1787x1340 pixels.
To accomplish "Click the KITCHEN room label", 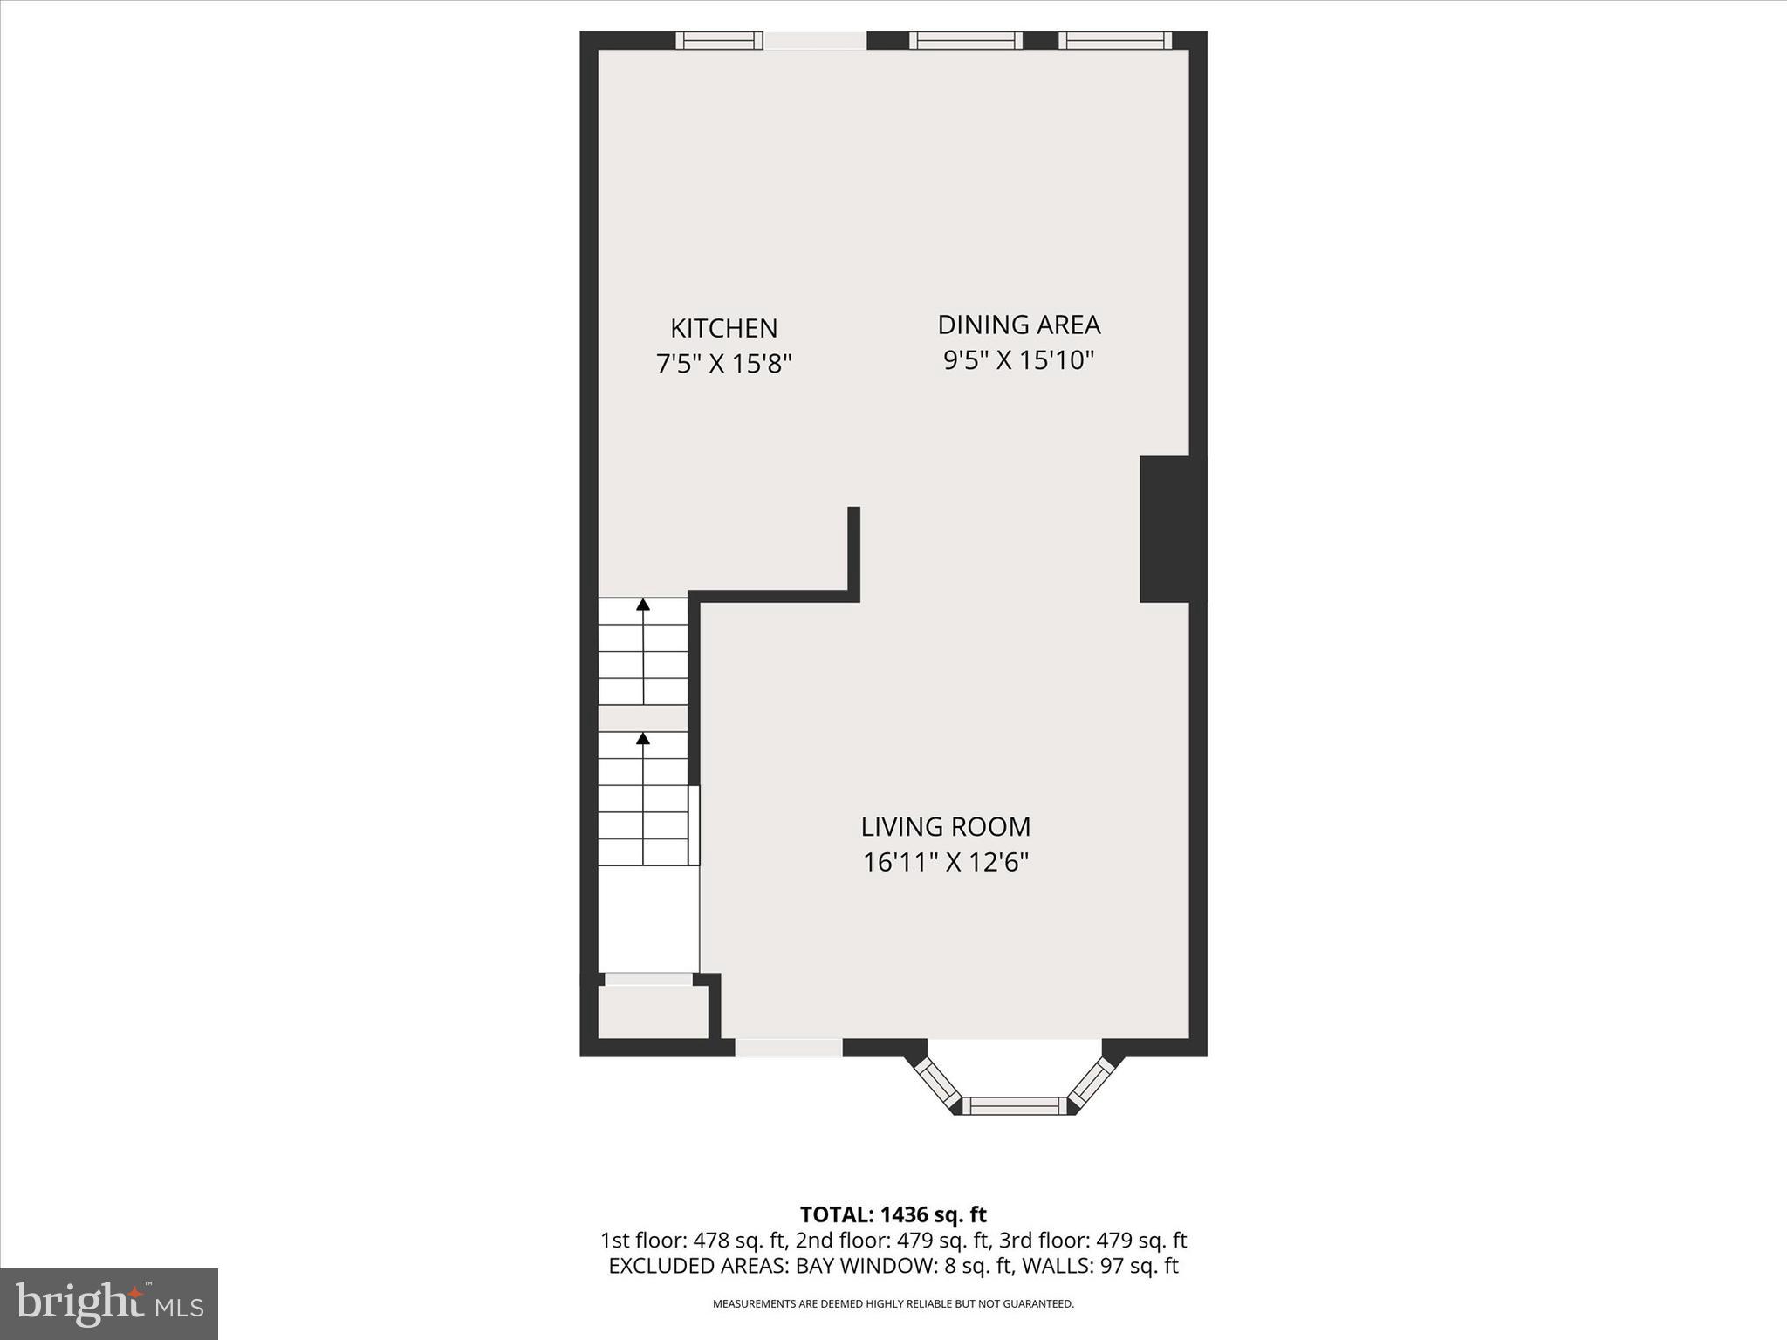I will tap(723, 328).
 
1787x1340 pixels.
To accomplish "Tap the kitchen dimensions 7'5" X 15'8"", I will tap(723, 363).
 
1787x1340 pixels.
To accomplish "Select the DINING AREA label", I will tap(1018, 325).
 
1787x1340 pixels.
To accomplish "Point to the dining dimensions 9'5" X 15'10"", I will tap(1018, 359).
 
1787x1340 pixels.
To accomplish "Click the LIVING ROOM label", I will tap(945, 826).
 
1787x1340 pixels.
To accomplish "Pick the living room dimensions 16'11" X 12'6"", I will tap(945, 862).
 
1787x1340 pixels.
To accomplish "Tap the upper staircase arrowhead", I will tap(643, 604).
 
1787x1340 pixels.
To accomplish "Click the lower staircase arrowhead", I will tap(643, 739).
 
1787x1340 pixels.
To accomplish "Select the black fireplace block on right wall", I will tap(1172, 529).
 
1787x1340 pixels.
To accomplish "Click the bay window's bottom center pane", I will tap(1015, 1106).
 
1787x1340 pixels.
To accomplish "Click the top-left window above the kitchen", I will tap(719, 40).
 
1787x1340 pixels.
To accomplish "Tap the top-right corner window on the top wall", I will tap(1115, 40).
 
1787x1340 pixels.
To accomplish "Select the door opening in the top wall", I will tap(815, 40).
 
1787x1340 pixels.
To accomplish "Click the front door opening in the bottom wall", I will tap(789, 1048).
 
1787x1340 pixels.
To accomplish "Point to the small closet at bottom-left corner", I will tap(652, 1012).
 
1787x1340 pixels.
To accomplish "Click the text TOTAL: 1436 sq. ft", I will tap(893, 1214).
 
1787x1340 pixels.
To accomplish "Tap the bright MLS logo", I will tap(109, 1303).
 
